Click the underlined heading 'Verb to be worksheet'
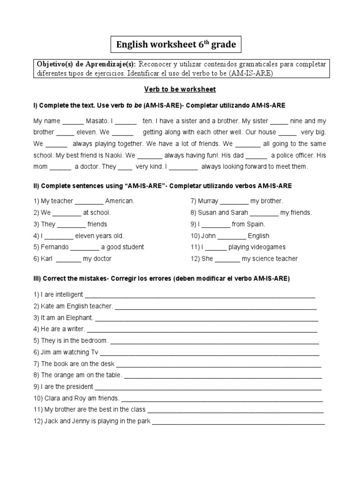click(180, 89)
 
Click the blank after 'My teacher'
click(89, 201)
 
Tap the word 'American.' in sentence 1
click(120, 201)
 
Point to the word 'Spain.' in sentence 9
click(255, 224)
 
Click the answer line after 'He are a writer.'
click(201, 330)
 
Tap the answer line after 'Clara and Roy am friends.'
click(222, 399)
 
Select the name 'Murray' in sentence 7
click(208, 201)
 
